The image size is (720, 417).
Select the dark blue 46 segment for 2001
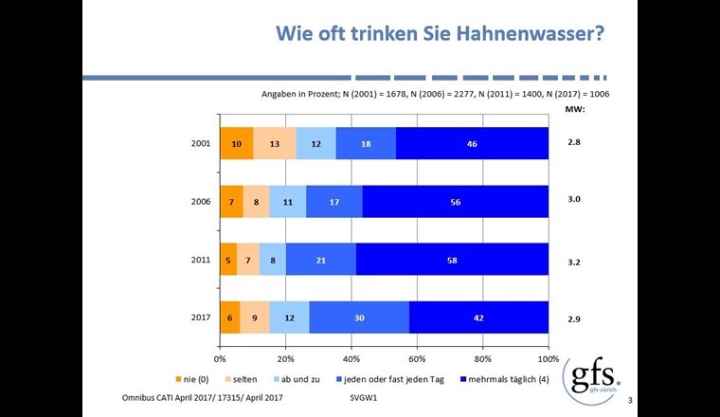[x=472, y=143]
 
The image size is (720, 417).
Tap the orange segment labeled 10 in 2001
[x=236, y=143]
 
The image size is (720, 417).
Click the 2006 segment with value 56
[x=456, y=201]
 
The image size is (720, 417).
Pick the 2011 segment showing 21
[x=321, y=259]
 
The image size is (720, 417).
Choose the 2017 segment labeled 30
[x=359, y=317]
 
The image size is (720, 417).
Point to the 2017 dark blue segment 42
[x=479, y=317]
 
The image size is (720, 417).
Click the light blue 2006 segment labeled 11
[x=288, y=201]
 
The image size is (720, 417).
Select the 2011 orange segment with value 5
[x=227, y=259]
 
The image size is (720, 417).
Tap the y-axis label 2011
[x=200, y=259]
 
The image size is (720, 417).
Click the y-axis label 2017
[x=200, y=317]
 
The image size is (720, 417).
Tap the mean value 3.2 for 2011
[x=573, y=259]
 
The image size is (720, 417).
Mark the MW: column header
[x=574, y=109]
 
